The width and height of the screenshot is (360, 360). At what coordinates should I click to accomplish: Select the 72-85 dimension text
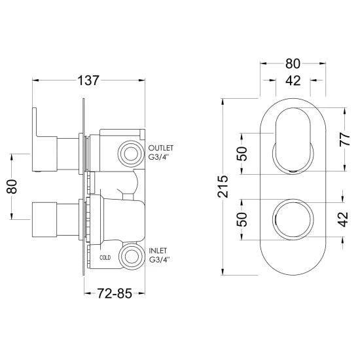tap(112, 294)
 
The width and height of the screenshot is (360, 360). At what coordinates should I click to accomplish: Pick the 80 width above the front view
tap(293, 64)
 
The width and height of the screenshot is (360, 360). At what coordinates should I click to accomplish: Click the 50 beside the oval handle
tap(242, 154)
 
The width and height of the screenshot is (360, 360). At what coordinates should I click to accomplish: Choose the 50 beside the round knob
tap(242, 220)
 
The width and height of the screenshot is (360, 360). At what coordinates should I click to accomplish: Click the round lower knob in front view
tap(293, 221)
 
